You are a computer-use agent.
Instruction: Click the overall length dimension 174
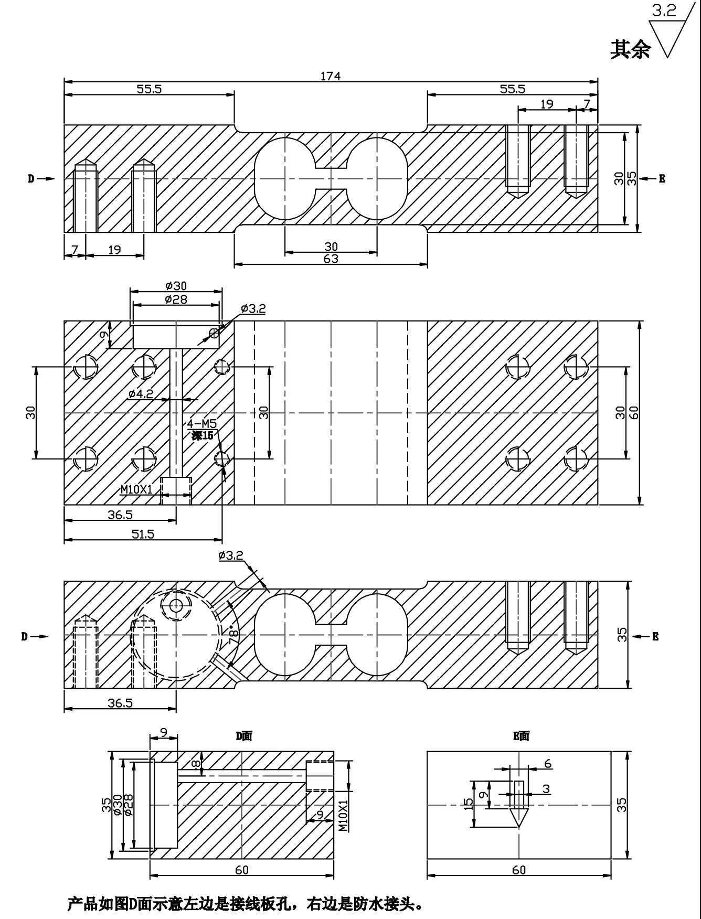click(331, 76)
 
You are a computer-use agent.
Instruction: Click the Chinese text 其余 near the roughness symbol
click(630, 49)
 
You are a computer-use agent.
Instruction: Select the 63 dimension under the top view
click(331, 259)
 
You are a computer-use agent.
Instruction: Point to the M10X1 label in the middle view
click(136, 489)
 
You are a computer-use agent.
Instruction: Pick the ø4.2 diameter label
click(141, 393)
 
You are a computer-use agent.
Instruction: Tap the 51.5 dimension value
click(143, 535)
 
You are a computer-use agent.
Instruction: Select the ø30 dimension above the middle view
click(176, 286)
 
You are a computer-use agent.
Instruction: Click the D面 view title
click(243, 736)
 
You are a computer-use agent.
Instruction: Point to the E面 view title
click(521, 736)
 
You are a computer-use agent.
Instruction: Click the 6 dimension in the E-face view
click(548, 764)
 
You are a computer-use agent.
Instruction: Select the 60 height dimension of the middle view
click(633, 413)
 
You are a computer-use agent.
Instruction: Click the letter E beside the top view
click(662, 179)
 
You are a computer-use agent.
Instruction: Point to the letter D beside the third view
click(24, 637)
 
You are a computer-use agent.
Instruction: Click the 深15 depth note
click(203, 435)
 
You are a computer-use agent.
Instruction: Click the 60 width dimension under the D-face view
click(241, 870)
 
